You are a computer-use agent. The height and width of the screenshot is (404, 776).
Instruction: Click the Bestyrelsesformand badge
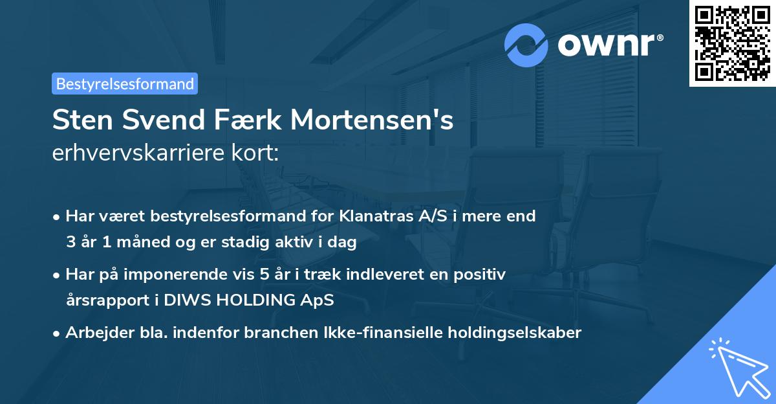point(125,84)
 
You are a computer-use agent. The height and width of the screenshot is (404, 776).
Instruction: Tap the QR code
point(732,43)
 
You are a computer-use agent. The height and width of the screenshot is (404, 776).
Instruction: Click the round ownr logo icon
point(527,45)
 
